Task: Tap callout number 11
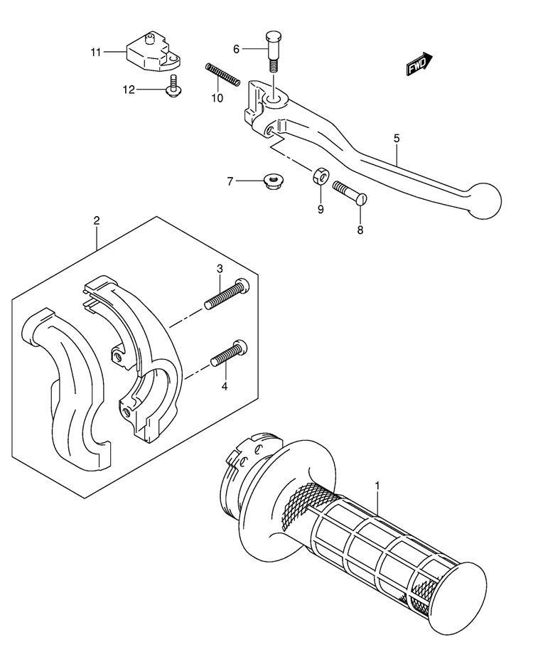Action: click(96, 53)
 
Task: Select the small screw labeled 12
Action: click(174, 87)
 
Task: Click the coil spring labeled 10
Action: click(222, 75)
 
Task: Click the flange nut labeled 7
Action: click(272, 181)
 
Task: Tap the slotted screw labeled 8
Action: click(350, 192)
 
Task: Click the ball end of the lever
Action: click(483, 201)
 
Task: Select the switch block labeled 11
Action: click(153, 52)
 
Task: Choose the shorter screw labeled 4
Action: click(229, 353)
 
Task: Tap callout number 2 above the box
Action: click(96, 220)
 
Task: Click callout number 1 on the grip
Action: click(377, 486)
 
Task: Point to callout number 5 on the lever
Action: click(397, 138)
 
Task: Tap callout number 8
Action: click(360, 230)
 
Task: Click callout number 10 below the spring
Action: click(217, 98)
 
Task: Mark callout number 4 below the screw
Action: click(225, 387)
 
